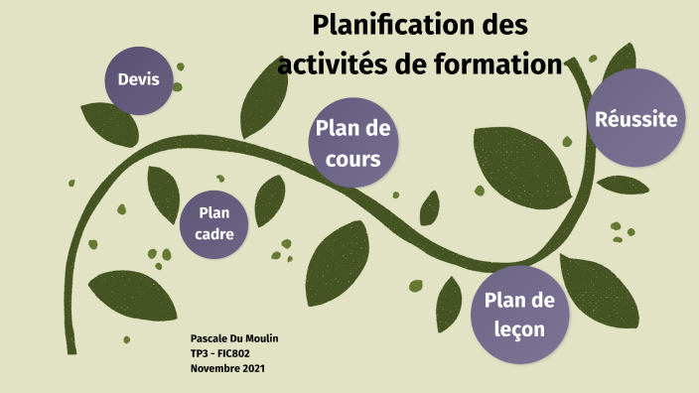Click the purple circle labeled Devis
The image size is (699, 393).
(138, 78)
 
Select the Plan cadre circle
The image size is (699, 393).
(214, 223)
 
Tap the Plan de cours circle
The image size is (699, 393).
(353, 142)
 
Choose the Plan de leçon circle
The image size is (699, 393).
(519, 313)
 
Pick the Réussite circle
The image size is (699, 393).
(635, 118)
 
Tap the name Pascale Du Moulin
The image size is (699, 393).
(234, 339)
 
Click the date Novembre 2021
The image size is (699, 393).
(227, 368)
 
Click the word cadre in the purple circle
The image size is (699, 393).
(214, 235)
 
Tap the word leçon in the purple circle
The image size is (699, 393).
(519, 327)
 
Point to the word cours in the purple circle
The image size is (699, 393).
(353, 157)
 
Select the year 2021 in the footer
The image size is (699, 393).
(251, 368)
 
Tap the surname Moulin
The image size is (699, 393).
(261, 339)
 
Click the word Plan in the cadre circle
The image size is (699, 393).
(214, 212)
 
